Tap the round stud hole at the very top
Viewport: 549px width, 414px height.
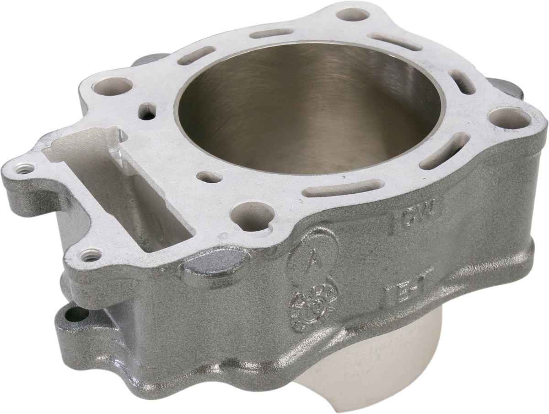tap(353, 14)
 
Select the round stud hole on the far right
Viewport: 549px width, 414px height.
tap(509, 117)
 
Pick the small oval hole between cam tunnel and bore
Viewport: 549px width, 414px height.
tap(210, 177)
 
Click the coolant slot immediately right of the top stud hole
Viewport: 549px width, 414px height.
tap(395, 41)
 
